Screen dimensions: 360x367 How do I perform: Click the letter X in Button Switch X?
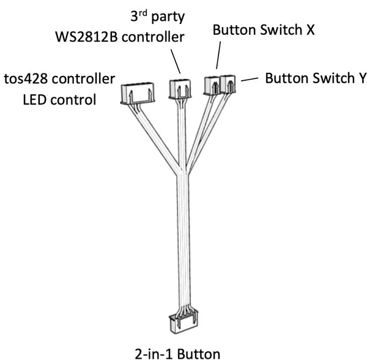[310, 30]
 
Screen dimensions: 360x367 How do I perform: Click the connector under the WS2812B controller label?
[180, 88]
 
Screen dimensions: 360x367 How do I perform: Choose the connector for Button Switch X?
[212, 84]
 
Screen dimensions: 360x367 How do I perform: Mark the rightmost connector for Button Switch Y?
[228, 84]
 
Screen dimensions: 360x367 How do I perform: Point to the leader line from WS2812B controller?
[176, 62]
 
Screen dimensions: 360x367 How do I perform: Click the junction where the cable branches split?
[182, 173]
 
